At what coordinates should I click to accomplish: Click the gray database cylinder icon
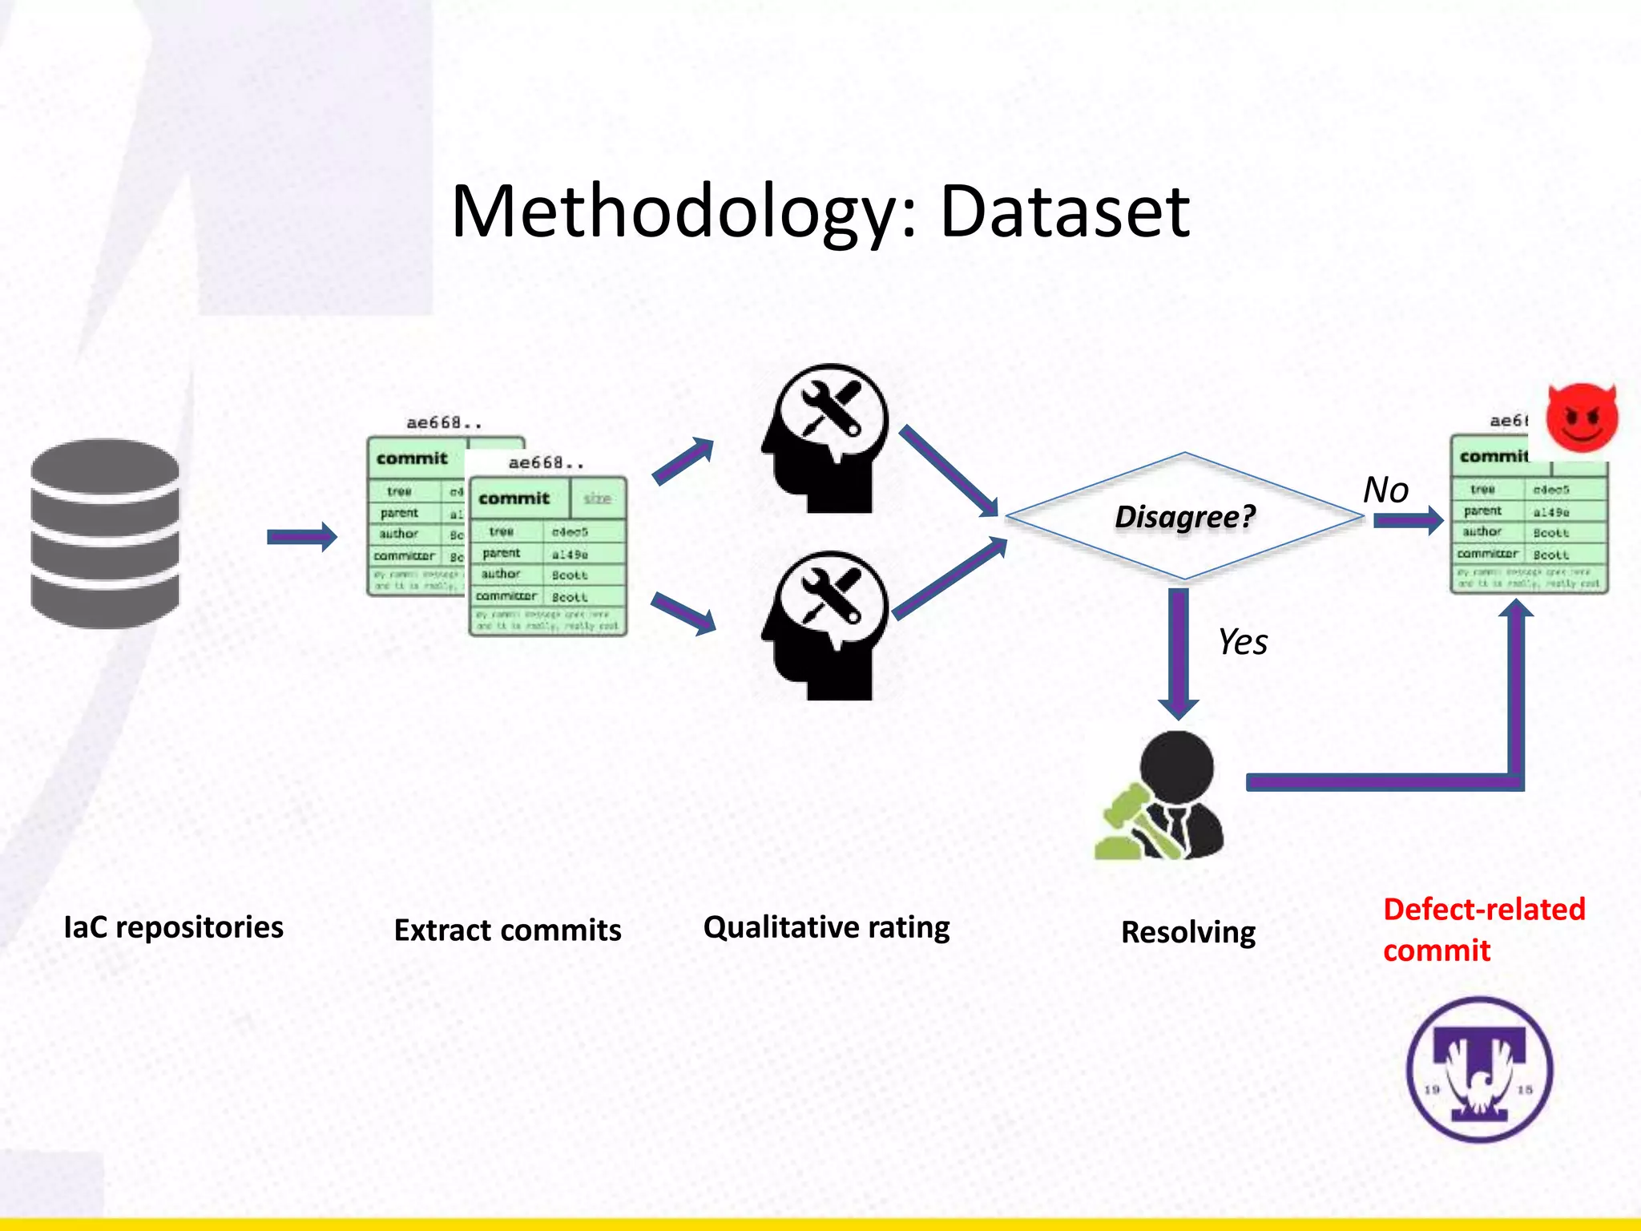coord(105,533)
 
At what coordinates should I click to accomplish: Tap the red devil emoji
coord(1582,418)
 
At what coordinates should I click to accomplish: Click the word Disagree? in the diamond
coord(1184,517)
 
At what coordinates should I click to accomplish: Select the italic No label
coord(1385,490)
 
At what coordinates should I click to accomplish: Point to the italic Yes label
coord(1243,642)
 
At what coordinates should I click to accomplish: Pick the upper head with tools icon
coord(825,438)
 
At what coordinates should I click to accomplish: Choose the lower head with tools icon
coord(825,624)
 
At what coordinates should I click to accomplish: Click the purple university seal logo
coord(1480,1070)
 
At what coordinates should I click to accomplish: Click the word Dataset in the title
coord(1064,212)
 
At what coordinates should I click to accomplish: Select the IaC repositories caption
coord(173,927)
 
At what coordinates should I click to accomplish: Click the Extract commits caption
coord(507,930)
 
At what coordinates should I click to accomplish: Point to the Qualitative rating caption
coord(826,927)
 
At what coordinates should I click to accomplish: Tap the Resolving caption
coord(1188,932)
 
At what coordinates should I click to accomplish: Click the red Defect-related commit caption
coord(1483,930)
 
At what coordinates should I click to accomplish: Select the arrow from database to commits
coord(301,536)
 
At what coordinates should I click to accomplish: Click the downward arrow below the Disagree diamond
coord(1178,653)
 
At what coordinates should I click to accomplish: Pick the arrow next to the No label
coord(1408,521)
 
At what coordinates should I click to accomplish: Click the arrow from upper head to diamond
coord(950,471)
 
